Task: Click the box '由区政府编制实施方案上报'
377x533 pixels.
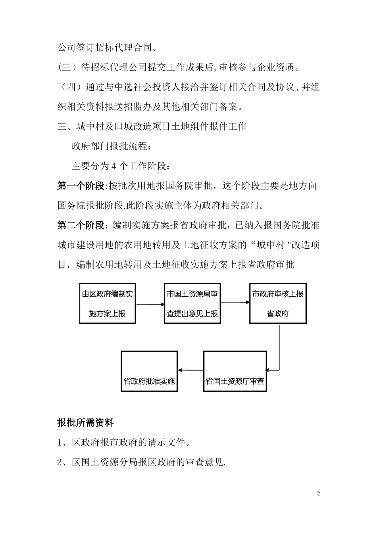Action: pos(108,303)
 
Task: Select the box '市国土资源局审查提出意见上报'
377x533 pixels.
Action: pos(192,303)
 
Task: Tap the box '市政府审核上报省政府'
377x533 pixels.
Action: pos(278,303)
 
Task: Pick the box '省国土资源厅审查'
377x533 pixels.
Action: pos(235,371)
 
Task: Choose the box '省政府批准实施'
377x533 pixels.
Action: pos(149,371)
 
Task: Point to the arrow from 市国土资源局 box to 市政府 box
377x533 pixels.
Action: pos(235,303)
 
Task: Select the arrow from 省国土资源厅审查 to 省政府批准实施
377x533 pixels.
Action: pos(191,371)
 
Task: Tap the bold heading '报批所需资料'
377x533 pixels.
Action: pos(85,423)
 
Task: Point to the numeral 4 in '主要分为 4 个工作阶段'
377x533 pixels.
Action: pos(113,166)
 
